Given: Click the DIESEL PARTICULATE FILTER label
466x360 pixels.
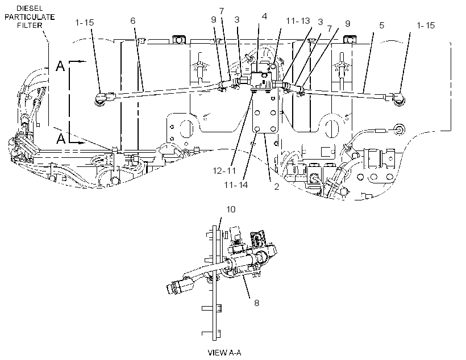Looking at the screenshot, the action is coord(30,17).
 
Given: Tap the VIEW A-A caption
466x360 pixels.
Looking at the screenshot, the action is coord(224,353).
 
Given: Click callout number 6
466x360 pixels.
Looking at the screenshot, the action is coord(133,20).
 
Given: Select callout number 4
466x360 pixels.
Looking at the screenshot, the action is coord(264,16).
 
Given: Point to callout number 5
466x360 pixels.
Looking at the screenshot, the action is coord(382,25).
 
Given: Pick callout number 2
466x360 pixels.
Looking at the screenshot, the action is coord(277,187).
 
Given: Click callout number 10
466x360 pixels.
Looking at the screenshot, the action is coord(231,210).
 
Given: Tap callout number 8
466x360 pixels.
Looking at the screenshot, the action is coord(256,303).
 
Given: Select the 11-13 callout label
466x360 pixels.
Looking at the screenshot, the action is coord(298,21).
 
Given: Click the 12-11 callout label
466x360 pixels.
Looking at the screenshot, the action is coord(224,170).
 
